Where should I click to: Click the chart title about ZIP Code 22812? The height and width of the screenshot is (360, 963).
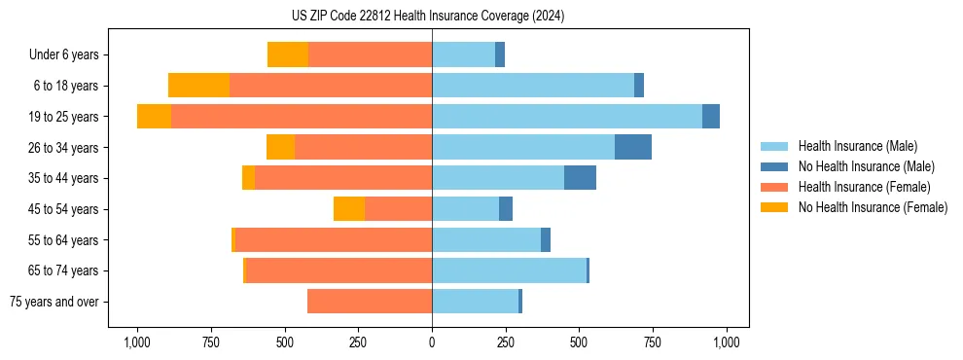coord(427,17)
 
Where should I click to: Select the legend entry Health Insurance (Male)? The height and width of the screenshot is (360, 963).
coord(857,146)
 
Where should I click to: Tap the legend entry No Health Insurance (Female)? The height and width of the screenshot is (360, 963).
coord(873,207)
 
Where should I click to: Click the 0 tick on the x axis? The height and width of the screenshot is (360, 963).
coord(432,342)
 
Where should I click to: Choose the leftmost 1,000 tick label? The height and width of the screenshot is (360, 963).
coord(137,342)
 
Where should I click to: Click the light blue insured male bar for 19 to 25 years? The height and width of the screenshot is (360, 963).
coord(567,117)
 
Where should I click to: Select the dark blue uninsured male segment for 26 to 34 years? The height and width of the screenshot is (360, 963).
coord(633,147)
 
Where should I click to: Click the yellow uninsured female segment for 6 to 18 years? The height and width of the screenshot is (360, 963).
coord(198,86)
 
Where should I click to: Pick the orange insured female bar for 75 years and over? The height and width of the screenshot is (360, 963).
coord(370,302)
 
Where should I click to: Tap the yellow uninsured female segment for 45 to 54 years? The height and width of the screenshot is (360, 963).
coord(349,209)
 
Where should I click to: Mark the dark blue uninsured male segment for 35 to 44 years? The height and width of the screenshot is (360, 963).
coord(580,178)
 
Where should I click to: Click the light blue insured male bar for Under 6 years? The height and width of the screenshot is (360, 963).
coord(463,54)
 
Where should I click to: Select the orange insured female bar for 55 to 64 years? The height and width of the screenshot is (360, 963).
coord(528,239)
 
